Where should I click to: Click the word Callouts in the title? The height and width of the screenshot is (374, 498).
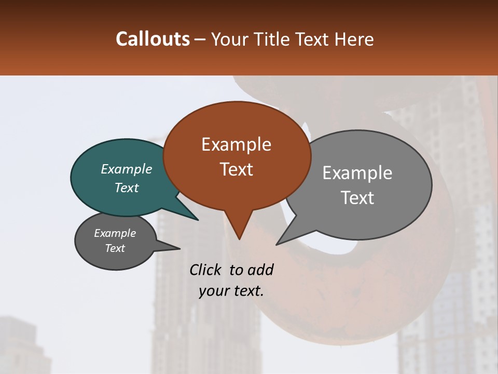tap(153, 39)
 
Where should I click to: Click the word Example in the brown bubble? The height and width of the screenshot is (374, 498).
tap(236, 144)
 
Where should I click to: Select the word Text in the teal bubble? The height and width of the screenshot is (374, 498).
tap(127, 188)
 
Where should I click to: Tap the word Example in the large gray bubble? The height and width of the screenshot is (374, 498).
tap(357, 173)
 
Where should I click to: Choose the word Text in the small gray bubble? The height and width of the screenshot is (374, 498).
tap(115, 248)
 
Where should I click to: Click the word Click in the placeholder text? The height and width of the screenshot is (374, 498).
tap(205, 270)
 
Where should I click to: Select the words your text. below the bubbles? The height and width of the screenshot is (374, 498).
tap(231, 291)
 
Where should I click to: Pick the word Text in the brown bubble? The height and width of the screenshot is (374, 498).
tap(236, 169)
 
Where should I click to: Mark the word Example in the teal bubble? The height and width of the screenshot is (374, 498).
tap(127, 169)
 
